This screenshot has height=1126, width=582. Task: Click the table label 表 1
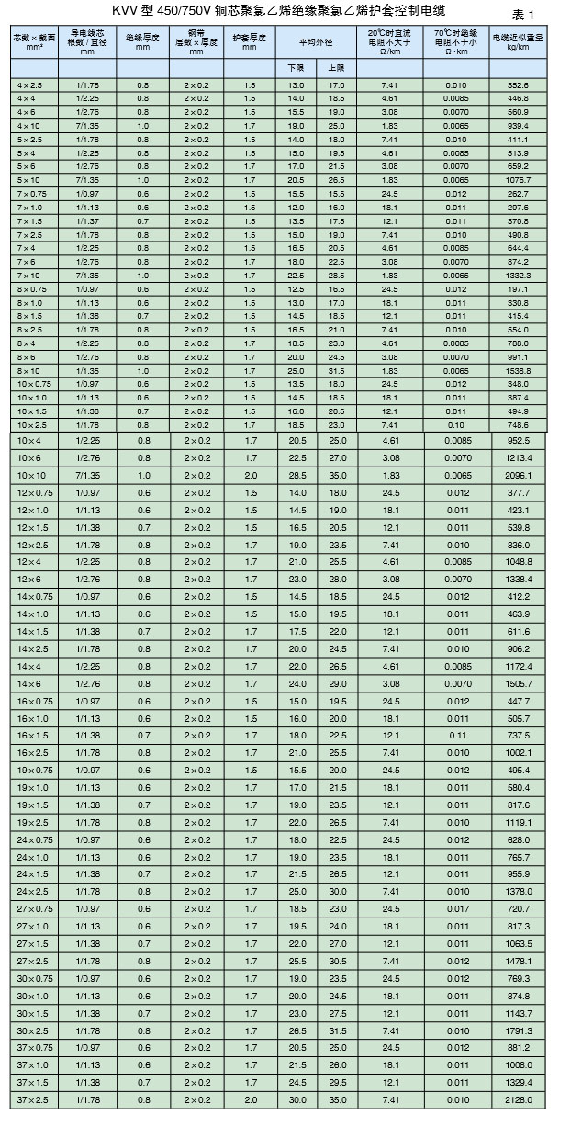pos(522,15)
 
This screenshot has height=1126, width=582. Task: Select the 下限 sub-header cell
pos(295,68)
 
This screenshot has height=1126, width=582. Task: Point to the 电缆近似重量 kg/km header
pos(518,41)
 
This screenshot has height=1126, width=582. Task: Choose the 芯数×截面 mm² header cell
pos(34,41)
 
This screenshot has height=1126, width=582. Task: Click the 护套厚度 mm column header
pos(250,41)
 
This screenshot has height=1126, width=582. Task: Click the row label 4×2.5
pos(30,85)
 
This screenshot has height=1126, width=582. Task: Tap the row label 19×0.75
pos(34,770)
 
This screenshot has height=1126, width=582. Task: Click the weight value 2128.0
pos(518,1100)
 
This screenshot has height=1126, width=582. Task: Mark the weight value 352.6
pos(518,85)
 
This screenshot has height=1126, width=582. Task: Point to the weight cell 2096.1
pos(518,475)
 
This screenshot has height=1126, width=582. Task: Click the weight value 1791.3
pos(518,1030)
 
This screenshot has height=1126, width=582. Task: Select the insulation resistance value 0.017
pos(456,908)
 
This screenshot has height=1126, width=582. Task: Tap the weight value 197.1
pos(518,289)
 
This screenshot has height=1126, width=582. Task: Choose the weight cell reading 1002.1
pos(518,752)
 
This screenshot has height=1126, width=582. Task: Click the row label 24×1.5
pos(32,873)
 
